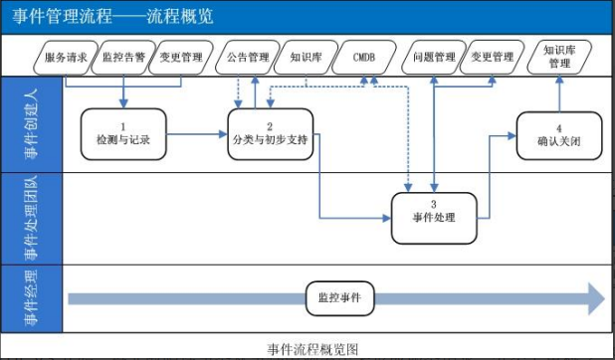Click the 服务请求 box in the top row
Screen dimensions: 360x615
tap(68, 58)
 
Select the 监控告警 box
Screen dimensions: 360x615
tap(124, 58)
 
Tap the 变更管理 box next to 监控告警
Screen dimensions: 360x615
tap(181, 58)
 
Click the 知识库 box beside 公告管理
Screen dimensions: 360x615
tap(306, 58)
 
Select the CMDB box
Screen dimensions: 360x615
tap(363, 58)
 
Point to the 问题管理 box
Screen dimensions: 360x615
tap(434, 58)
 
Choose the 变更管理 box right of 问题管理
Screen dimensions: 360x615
tap(492, 58)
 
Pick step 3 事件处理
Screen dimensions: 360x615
tap(434, 211)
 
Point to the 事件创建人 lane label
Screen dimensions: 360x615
tap(32, 125)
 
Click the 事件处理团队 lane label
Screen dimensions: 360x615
tap(32, 218)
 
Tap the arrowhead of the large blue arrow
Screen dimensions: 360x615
tap(595, 297)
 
